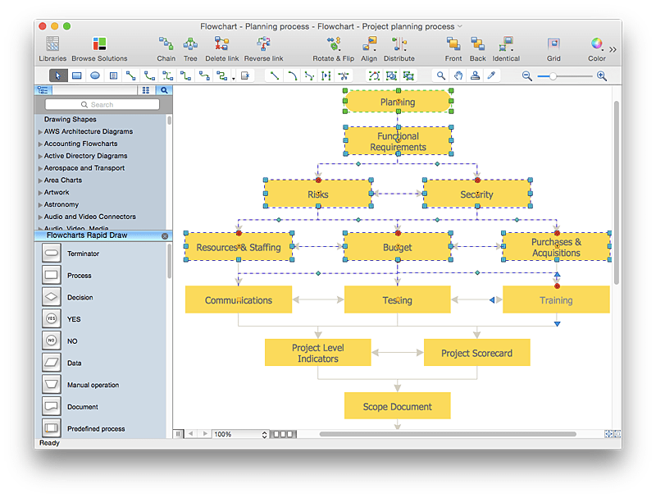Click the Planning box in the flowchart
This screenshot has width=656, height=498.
[x=397, y=102]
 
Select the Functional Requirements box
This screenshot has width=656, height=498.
[x=397, y=141]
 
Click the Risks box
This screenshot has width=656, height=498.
[x=317, y=194]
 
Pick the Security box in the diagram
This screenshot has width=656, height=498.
[x=476, y=194]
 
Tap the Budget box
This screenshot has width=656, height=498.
[x=397, y=247]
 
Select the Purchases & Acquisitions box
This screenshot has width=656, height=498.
[x=556, y=247]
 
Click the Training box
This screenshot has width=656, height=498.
[x=555, y=300]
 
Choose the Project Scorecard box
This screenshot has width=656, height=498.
[x=476, y=353]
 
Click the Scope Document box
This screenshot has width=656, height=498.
[x=397, y=406]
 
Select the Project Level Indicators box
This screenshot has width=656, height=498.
[x=317, y=353]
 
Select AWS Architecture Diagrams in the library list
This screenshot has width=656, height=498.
[x=88, y=131]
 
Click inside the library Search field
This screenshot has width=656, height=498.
[x=102, y=104]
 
